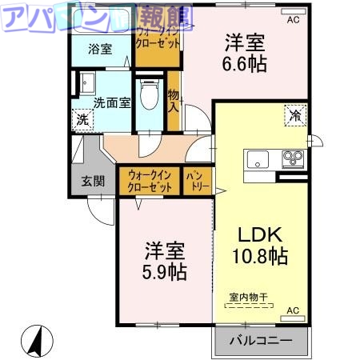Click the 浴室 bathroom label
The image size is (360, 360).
point(100,49)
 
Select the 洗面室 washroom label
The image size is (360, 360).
point(111,102)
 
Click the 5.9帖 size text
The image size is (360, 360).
point(166,272)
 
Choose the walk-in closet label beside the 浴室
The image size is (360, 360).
point(160,38)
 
